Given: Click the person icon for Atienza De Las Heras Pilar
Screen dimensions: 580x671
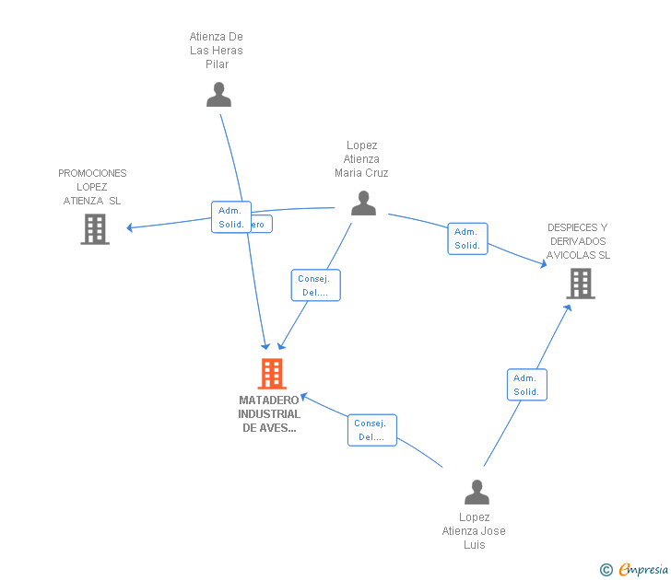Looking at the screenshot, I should pos(218,95).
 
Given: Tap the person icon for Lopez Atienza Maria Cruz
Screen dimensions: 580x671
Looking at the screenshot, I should pos(363,203).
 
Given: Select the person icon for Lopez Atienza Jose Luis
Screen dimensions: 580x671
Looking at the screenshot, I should pos(477,493).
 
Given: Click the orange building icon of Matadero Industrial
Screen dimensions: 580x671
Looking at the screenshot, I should pos(271,374).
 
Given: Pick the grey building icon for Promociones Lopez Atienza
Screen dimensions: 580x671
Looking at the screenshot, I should pos(95,229).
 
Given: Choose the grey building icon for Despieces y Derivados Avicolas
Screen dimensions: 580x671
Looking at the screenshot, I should pos(581,284).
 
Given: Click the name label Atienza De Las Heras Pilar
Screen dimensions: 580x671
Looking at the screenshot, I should pos(217,51).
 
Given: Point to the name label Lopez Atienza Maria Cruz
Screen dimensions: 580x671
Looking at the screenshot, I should pos(361,159).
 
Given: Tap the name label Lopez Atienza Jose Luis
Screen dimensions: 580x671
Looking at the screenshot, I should pos(474,531).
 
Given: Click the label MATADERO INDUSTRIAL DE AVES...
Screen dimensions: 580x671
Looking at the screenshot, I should pos(269,414).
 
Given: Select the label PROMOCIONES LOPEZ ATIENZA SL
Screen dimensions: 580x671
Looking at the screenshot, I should pos(92,187).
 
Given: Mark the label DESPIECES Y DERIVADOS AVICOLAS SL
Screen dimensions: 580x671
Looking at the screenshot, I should pos(578,241).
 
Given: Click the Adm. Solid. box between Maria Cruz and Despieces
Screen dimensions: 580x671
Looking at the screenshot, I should pos(467,239).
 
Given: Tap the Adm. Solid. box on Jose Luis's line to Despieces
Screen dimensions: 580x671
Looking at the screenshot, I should pos(526,385).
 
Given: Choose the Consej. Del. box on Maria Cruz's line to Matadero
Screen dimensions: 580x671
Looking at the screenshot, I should pos(315,285).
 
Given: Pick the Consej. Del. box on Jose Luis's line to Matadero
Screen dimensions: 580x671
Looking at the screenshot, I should pos(371,430).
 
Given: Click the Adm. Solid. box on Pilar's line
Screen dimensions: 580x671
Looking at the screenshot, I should pos(230,217).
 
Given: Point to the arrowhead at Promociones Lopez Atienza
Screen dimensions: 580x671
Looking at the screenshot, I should pos(130,227).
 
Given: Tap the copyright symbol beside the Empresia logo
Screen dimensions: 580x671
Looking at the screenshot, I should pos(606,570).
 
